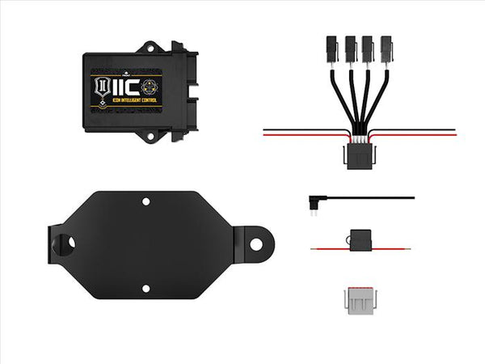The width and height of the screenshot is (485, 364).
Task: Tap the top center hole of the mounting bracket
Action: click(x=145, y=201)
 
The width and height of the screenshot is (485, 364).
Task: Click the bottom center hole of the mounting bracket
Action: click(x=146, y=288)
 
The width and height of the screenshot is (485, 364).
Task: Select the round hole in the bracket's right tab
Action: click(x=255, y=242)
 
